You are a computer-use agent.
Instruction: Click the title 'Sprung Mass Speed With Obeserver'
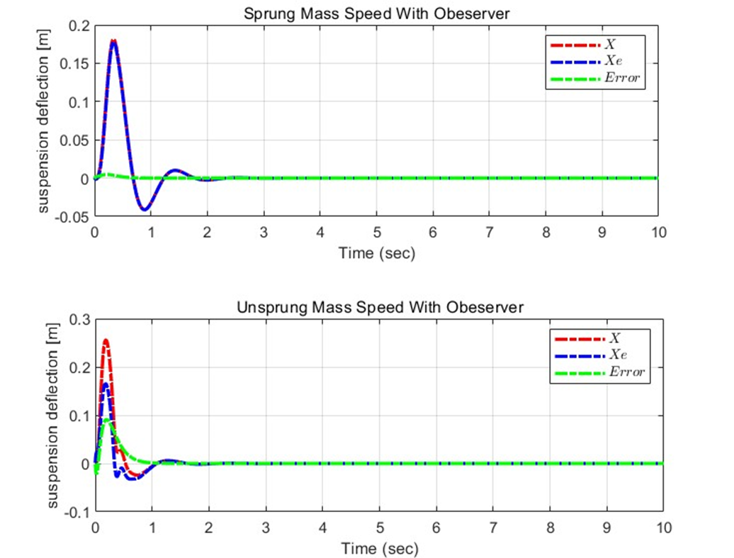click(x=376, y=12)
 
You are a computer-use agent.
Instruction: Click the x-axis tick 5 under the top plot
click(x=376, y=232)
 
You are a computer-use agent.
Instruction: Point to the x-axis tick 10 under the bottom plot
click(x=662, y=528)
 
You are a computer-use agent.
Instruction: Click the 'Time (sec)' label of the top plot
click(x=376, y=252)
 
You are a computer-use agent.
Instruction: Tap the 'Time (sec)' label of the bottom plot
click(x=378, y=548)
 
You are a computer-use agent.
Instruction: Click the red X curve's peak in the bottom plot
click(x=106, y=341)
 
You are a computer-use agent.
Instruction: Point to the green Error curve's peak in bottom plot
click(x=107, y=420)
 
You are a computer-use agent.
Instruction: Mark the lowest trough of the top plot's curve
click(x=144, y=209)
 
